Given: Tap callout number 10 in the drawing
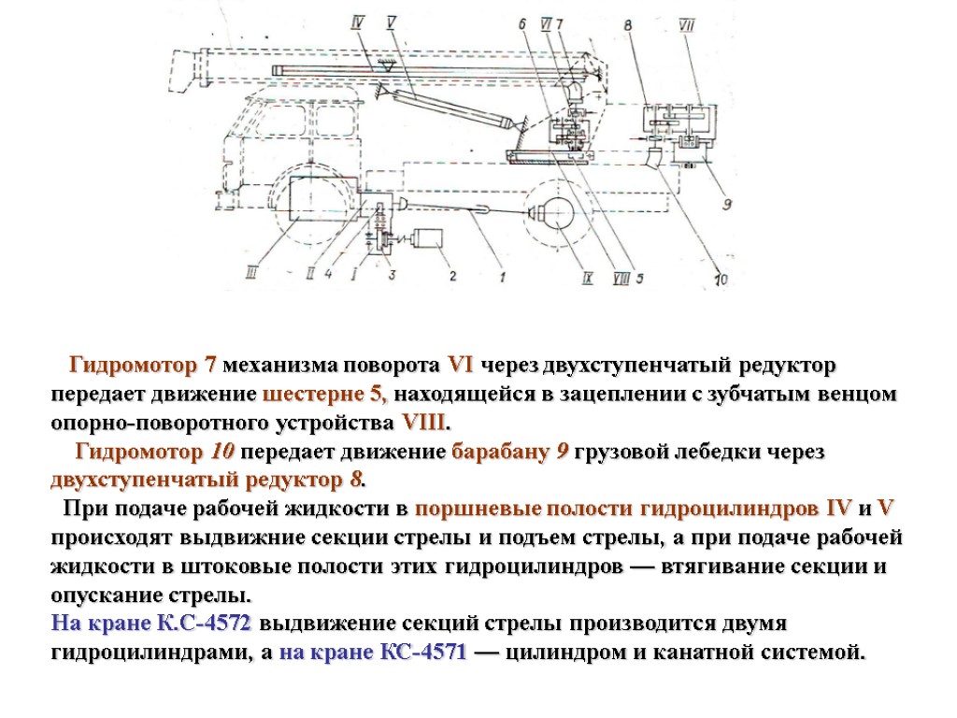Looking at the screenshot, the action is point(721,277).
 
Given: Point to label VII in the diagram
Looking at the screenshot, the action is point(686,25).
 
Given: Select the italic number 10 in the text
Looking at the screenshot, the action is point(222,452).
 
